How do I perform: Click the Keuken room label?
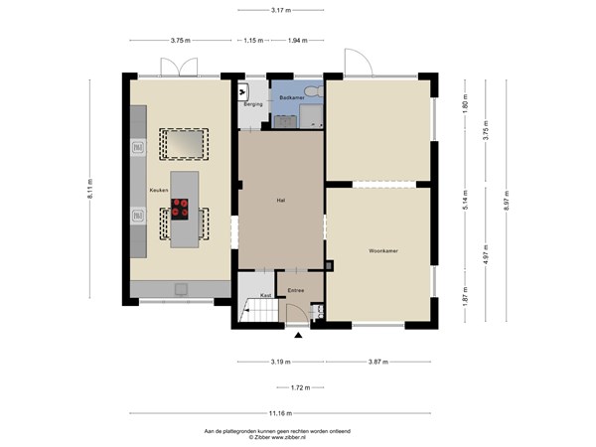(x=158, y=189)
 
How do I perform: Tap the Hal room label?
(x=281, y=200)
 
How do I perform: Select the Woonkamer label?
(x=382, y=249)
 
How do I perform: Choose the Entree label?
(x=295, y=291)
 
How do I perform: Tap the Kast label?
(x=266, y=295)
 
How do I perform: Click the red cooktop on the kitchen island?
(x=181, y=209)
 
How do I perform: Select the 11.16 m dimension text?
(x=279, y=412)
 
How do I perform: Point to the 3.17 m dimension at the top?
(x=281, y=10)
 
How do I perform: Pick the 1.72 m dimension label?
(x=282, y=387)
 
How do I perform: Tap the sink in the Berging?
(x=243, y=88)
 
